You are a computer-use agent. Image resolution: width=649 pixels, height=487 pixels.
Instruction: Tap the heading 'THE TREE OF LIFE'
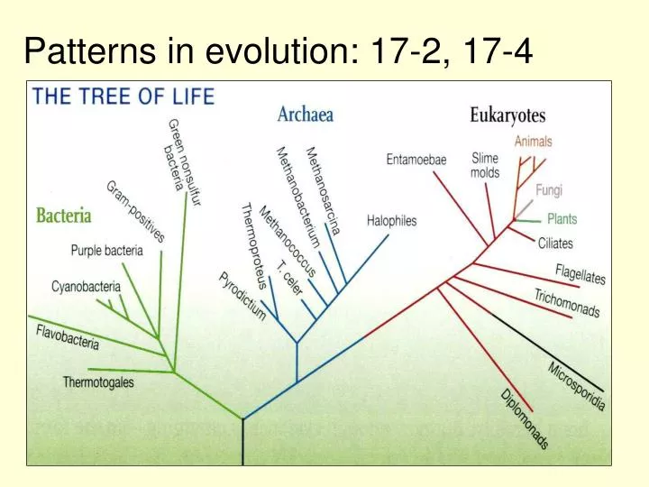point(123,96)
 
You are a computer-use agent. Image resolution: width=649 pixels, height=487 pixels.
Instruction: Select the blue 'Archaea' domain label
point(306,115)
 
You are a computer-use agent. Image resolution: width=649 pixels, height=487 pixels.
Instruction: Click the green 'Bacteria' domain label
point(64,216)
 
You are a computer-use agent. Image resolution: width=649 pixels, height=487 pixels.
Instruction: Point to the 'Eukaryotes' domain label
point(507,115)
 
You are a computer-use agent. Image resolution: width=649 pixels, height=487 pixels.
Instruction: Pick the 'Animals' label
point(534,142)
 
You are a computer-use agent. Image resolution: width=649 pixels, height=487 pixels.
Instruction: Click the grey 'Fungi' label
point(549,190)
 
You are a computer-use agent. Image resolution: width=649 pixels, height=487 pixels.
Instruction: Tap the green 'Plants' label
point(562,219)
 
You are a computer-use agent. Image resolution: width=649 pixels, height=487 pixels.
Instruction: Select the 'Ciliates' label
point(555,243)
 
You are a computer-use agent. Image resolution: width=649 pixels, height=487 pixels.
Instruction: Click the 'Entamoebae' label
point(416,160)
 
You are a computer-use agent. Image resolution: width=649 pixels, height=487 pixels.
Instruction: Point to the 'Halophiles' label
point(392,221)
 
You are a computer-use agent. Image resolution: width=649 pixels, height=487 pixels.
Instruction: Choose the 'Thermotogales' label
point(98,382)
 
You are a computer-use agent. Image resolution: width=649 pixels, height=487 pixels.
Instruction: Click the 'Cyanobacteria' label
point(86,287)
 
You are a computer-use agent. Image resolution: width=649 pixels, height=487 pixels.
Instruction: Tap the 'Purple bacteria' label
point(106,251)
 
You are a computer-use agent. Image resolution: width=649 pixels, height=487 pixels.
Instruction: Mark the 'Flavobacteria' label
point(68,338)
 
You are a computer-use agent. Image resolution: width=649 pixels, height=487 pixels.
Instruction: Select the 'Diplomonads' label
point(526,419)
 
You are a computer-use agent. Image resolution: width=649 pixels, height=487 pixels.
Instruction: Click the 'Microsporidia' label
point(576,386)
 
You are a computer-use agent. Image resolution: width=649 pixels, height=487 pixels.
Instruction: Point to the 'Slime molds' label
point(485,165)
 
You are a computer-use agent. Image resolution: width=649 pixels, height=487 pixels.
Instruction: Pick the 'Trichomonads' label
point(567,303)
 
